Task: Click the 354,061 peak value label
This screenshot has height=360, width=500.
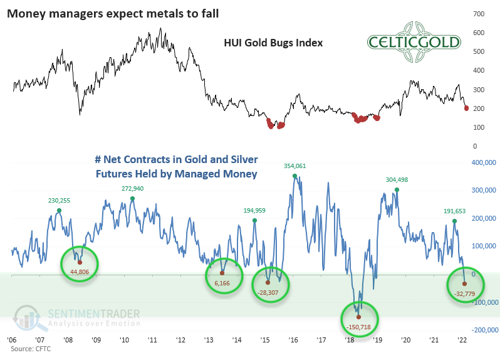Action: (x=295, y=166)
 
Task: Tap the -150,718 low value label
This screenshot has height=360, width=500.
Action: (x=360, y=328)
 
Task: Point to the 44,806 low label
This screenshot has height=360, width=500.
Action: (x=80, y=272)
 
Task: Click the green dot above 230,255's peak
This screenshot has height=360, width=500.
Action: (x=59, y=211)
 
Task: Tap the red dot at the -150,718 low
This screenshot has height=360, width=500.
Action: (x=359, y=317)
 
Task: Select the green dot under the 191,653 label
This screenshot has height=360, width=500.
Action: (x=455, y=221)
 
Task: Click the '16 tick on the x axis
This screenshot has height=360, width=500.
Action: (x=293, y=339)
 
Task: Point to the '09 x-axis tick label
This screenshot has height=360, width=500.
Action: (x=96, y=339)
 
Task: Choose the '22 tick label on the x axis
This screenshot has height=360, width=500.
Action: (x=462, y=339)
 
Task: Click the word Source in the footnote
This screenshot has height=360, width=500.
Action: (x=19, y=348)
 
